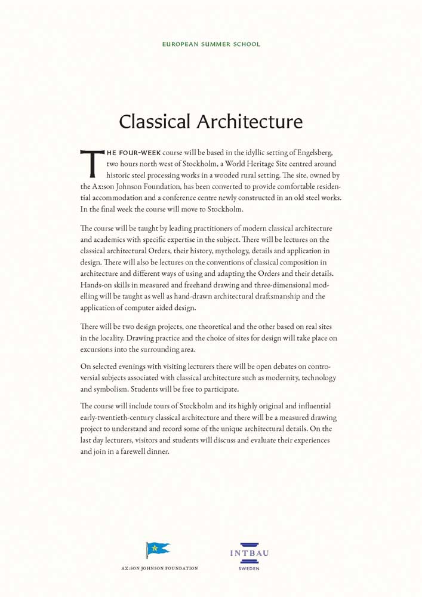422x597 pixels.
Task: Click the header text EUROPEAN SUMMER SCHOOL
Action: tap(211, 44)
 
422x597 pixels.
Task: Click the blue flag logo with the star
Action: tap(158, 547)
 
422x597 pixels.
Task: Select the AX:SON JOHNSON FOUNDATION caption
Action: tap(159, 568)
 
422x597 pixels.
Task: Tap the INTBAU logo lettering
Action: tap(249, 553)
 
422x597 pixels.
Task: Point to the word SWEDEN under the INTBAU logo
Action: tap(249, 569)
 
